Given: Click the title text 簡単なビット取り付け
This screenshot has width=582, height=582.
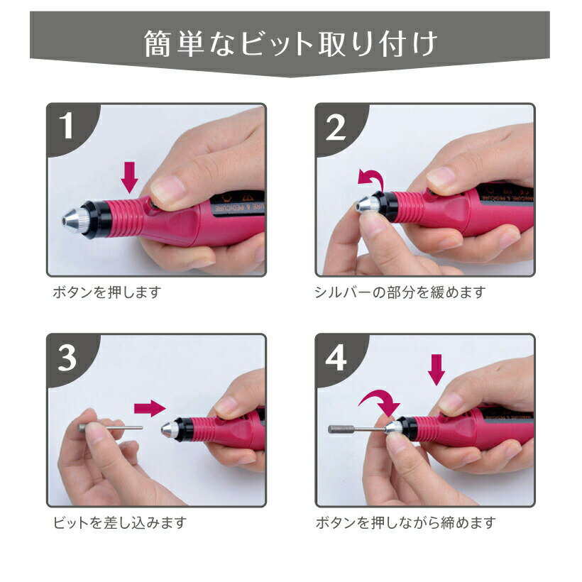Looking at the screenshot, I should point(290,44).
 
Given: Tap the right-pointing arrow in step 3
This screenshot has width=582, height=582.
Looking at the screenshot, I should point(149,407).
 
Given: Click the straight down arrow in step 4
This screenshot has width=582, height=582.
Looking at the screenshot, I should point(437,369).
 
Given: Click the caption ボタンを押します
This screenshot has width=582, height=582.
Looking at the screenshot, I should point(107,292).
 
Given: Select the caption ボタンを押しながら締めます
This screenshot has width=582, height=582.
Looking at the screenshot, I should point(405,523).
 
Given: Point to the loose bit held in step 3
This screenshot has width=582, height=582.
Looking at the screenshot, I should point(112,427).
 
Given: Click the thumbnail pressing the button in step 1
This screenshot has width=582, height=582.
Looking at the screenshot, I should point(170,190).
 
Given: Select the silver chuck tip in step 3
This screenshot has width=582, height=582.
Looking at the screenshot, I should point(168,428).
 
